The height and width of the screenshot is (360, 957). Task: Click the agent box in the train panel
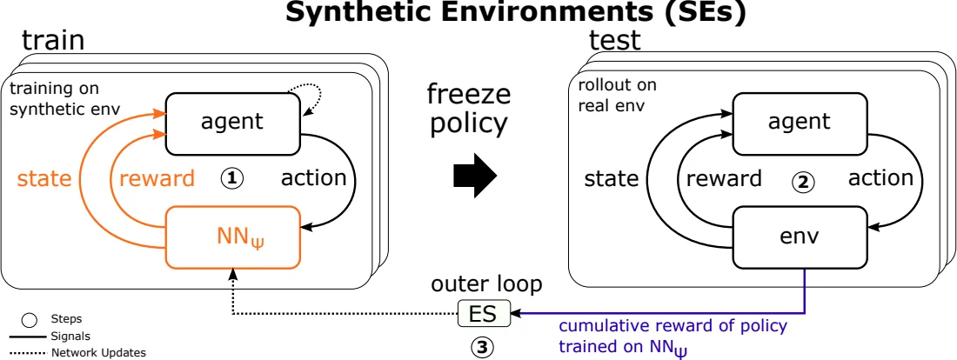231,122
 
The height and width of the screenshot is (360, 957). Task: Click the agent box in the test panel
799,122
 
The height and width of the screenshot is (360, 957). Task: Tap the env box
799,235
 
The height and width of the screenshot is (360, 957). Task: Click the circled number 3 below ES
481,347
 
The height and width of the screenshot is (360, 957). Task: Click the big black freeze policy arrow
475,177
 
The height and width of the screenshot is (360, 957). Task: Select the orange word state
44,179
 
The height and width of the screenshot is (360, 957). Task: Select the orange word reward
157,179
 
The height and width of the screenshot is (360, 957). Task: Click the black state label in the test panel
611,179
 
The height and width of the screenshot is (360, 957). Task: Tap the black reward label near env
724,179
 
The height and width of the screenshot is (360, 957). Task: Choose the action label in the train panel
313,178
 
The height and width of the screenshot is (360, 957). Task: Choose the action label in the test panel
880,178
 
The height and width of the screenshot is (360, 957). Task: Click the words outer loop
486,284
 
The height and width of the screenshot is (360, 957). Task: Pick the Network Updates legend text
98,352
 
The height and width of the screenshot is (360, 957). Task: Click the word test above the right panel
614,40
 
